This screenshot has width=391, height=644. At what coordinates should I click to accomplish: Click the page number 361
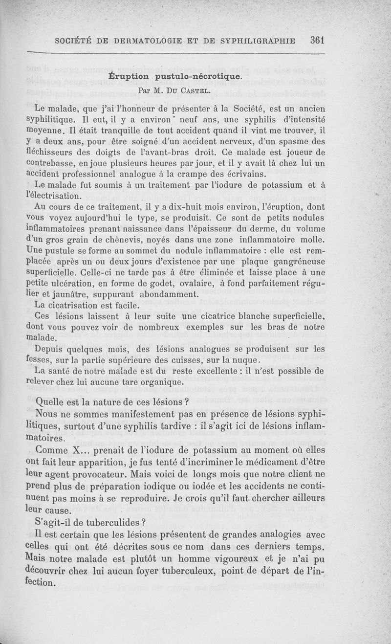317,41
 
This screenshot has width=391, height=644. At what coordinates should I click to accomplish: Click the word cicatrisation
77,305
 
